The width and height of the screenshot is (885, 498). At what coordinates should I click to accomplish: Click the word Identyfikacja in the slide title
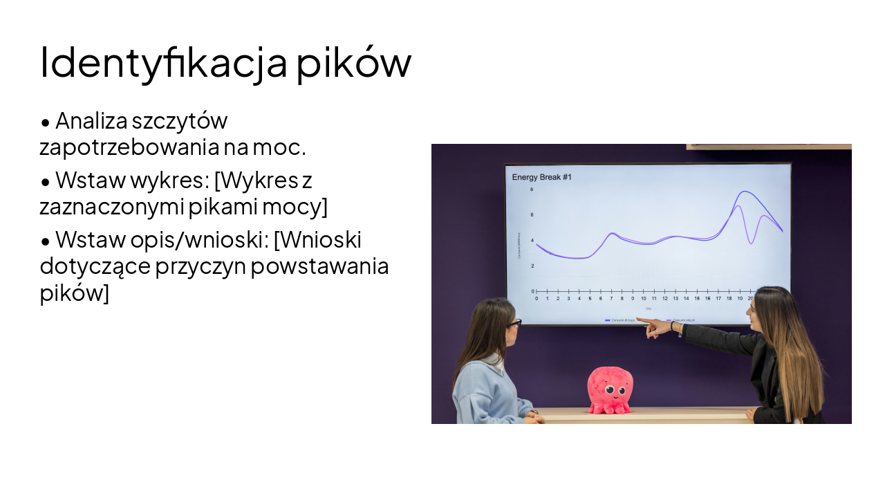pos(164,62)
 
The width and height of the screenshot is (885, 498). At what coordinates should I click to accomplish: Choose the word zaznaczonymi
pos(106,206)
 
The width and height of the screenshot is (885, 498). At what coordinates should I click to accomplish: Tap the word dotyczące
pos(95,266)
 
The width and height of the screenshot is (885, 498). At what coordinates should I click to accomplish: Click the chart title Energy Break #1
pos(541,178)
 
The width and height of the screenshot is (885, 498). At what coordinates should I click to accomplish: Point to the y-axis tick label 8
pos(532,190)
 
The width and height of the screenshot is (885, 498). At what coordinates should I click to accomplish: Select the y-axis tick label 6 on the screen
pos(532,215)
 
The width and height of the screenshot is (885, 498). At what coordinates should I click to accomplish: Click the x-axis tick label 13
pos(676,299)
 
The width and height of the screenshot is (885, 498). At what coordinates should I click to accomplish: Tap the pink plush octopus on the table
pos(609,391)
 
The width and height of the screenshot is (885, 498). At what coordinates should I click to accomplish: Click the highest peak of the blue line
pos(745,192)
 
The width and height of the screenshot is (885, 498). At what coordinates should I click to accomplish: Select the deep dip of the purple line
pos(751,243)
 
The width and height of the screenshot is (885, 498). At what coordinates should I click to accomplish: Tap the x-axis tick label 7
pos(611,299)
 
